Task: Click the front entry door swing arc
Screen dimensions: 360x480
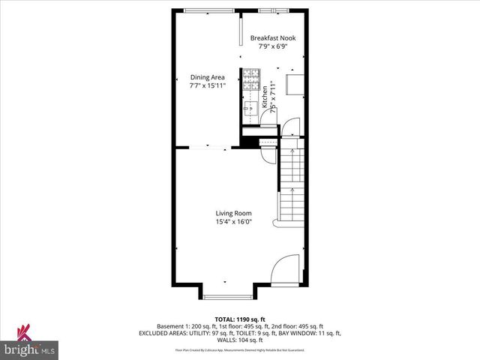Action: [286, 268]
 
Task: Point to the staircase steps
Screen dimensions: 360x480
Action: [291, 184]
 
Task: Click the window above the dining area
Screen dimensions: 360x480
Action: [208, 10]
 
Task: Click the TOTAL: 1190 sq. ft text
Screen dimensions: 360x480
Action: [240, 319]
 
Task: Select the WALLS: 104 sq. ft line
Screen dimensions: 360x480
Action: [240, 340]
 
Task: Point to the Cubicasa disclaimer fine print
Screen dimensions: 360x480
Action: [240, 349]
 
